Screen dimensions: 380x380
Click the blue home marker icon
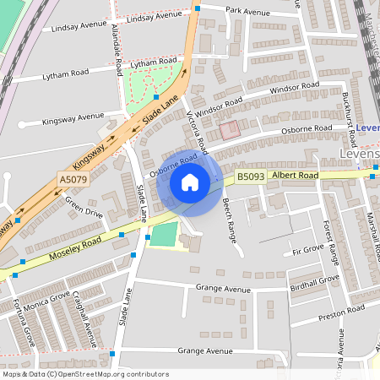point(190,182)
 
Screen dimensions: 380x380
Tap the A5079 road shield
point(73,180)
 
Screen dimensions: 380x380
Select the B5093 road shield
point(250,176)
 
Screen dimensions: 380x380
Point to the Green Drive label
point(84,209)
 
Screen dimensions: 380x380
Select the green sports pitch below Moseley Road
point(165,234)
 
